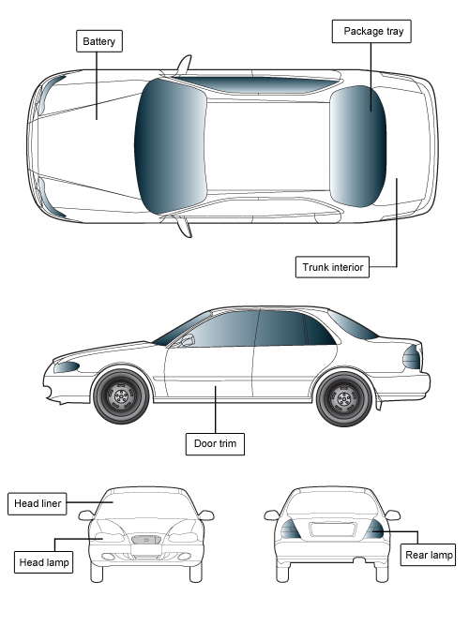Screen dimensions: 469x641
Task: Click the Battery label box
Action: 99,41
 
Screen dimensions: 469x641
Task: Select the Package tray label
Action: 371,31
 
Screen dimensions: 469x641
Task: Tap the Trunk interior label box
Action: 332,267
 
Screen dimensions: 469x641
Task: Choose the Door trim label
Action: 215,444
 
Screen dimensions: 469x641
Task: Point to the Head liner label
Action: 38,503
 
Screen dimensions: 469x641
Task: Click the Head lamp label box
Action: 44,562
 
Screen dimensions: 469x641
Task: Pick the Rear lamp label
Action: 428,555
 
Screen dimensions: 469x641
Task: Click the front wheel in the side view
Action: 121,395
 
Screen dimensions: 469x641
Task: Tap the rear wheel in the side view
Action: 344,398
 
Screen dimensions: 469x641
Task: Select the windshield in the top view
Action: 170,146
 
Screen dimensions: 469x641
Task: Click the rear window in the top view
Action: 358,146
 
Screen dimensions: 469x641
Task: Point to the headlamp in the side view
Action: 67,367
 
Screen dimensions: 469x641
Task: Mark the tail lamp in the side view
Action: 412,357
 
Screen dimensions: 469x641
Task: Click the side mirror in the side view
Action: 187,340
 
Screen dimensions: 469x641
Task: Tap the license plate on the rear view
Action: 332,529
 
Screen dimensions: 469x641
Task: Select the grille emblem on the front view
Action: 146,540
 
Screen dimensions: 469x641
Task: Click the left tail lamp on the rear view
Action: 290,529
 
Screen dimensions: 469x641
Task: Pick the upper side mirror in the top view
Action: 184,65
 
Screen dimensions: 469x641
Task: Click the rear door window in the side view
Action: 280,328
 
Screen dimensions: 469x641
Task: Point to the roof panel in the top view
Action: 268,146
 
